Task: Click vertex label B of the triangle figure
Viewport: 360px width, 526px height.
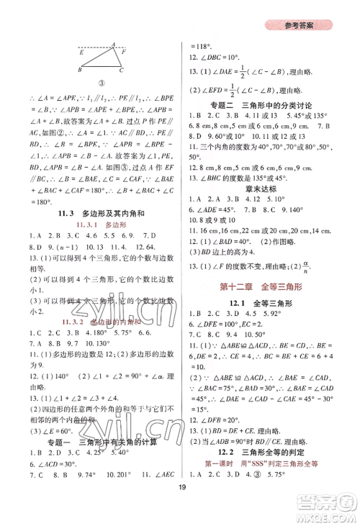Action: pos(78,71)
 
